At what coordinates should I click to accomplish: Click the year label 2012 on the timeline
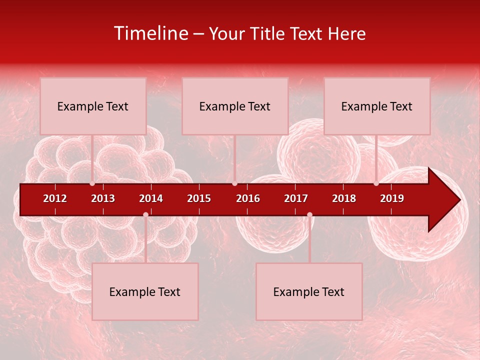click(x=55, y=198)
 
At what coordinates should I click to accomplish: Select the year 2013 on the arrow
click(x=103, y=198)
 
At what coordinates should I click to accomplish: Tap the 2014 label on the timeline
click(x=151, y=198)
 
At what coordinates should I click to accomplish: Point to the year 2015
click(x=199, y=198)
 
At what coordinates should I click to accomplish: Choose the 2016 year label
click(x=248, y=198)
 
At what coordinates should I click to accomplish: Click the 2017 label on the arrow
click(x=296, y=198)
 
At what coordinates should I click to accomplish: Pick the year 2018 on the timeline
click(x=344, y=198)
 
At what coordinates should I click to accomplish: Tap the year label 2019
click(x=392, y=198)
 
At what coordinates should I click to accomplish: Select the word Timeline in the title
click(x=151, y=33)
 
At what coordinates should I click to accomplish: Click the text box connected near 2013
click(x=93, y=106)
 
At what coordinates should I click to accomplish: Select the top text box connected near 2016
click(x=235, y=106)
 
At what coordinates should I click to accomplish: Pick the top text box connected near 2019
click(x=377, y=106)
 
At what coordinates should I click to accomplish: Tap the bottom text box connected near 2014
click(x=145, y=291)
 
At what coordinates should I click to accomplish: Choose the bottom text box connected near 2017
click(x=309, y=291)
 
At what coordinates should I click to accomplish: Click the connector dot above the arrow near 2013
click(x=92, y=183)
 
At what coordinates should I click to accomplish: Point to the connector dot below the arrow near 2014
click(x=145, y=214)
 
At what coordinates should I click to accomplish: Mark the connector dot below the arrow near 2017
click(x=309, y=214)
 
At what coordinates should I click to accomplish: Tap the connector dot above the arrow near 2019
click(x=376, y=183)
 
